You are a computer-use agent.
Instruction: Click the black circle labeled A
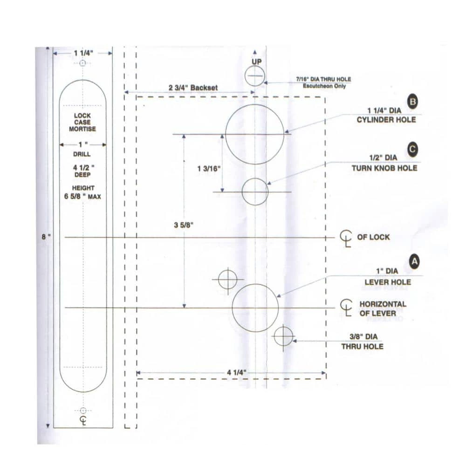click(414, 262)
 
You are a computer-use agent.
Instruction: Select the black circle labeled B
click(412, 102)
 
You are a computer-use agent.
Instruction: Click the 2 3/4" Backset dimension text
click(193, 88)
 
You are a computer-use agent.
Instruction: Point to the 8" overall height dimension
click(46, 237)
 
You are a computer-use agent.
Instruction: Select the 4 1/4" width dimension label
click(236, 372)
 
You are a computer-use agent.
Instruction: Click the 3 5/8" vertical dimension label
click(183, 225)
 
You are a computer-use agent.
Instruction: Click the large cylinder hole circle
click(255, 134)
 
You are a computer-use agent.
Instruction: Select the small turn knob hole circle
click(255, 192)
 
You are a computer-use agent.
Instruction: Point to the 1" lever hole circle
click(255, 308)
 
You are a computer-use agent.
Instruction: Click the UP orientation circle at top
click(255, 75)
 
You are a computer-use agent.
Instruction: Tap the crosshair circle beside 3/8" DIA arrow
click(283, 336)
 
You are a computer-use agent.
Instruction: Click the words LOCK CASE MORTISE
click(82, 122)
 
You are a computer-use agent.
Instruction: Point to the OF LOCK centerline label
click(373, 237)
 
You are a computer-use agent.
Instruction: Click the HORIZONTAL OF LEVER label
click(382, 308)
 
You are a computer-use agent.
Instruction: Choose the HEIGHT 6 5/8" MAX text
click(82, 192)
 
